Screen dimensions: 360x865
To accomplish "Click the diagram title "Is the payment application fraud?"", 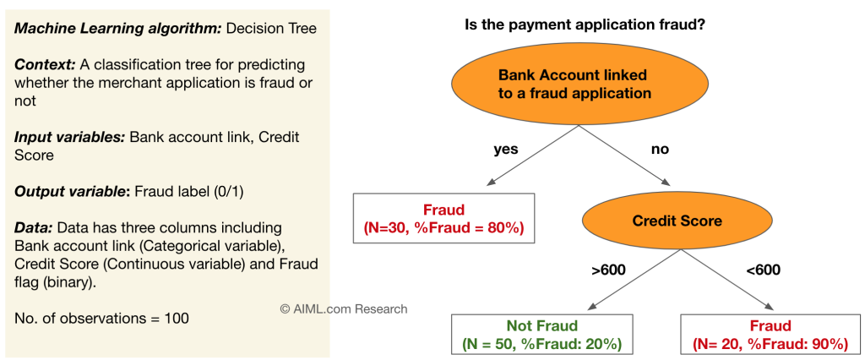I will pos(585,25).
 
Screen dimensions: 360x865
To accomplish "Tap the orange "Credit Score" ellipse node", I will pos(677,221).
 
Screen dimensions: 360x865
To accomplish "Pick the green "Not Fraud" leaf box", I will pos(541,335).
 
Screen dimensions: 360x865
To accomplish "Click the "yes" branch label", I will pos(505,150).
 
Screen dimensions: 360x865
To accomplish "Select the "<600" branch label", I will pos(763,270).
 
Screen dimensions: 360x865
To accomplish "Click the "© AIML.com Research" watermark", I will pos(344,308).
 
